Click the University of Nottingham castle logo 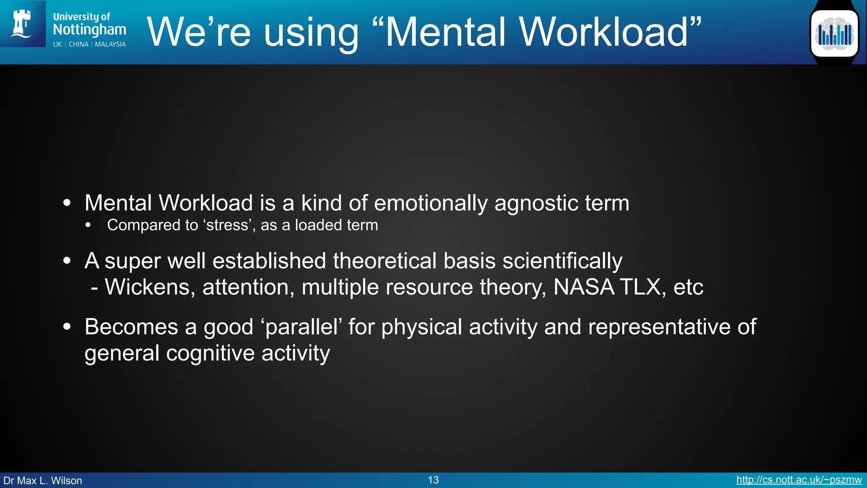tap(22, 24)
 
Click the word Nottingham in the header tap(89, 30)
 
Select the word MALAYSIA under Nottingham tap(110, 44)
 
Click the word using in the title tap(311, 33)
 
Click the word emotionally tap(431, 203)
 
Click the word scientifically tap(562, 261)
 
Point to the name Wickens tap(150, 287)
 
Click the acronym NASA tap(584, 287)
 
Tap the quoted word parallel tap(302, 327)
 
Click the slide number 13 tap(433, 480)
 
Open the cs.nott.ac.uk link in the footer tap(799, 480)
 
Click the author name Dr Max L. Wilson tap(43, 480)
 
